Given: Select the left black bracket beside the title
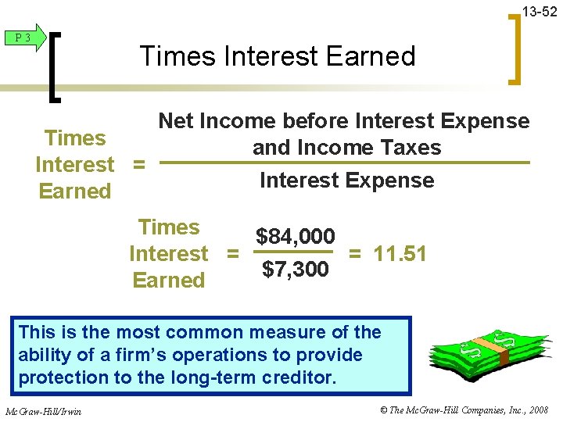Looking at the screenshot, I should [56, 63].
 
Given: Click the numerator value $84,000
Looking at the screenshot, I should [296, 236].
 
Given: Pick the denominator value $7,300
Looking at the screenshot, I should [296, 270].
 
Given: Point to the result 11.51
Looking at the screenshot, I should [399, 254].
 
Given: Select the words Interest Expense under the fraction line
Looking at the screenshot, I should [346, 181].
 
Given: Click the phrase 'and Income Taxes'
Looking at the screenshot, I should [346, 148].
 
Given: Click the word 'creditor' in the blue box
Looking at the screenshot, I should [299, 377].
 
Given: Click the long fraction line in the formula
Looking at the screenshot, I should [344, 163].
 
